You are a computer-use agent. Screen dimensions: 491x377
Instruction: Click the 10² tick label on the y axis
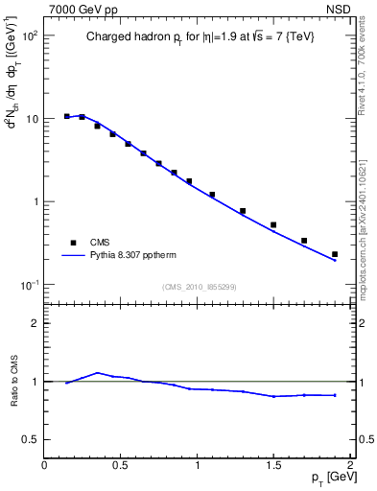29,35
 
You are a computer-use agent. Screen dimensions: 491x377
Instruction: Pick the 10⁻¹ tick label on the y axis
29,285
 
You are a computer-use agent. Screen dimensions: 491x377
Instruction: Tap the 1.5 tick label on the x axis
273,465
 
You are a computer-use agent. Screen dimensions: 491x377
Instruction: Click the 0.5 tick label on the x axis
121,465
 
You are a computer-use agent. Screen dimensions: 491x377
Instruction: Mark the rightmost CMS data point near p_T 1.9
335,254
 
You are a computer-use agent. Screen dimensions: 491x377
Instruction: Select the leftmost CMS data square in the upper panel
67,116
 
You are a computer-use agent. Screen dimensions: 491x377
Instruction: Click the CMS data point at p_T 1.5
273,225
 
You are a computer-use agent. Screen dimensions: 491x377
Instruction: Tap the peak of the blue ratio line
97,372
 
